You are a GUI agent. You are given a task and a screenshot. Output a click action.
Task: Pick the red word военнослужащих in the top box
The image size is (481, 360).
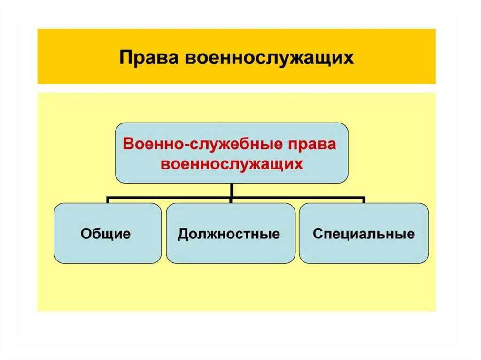231,164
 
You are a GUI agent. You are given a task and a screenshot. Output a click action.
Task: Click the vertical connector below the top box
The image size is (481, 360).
232,191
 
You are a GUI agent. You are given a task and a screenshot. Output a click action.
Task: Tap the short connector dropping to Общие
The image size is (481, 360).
108,200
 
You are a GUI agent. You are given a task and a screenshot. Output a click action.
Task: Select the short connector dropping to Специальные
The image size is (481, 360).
364,200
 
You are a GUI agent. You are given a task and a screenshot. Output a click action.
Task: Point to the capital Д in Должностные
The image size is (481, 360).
183,234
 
